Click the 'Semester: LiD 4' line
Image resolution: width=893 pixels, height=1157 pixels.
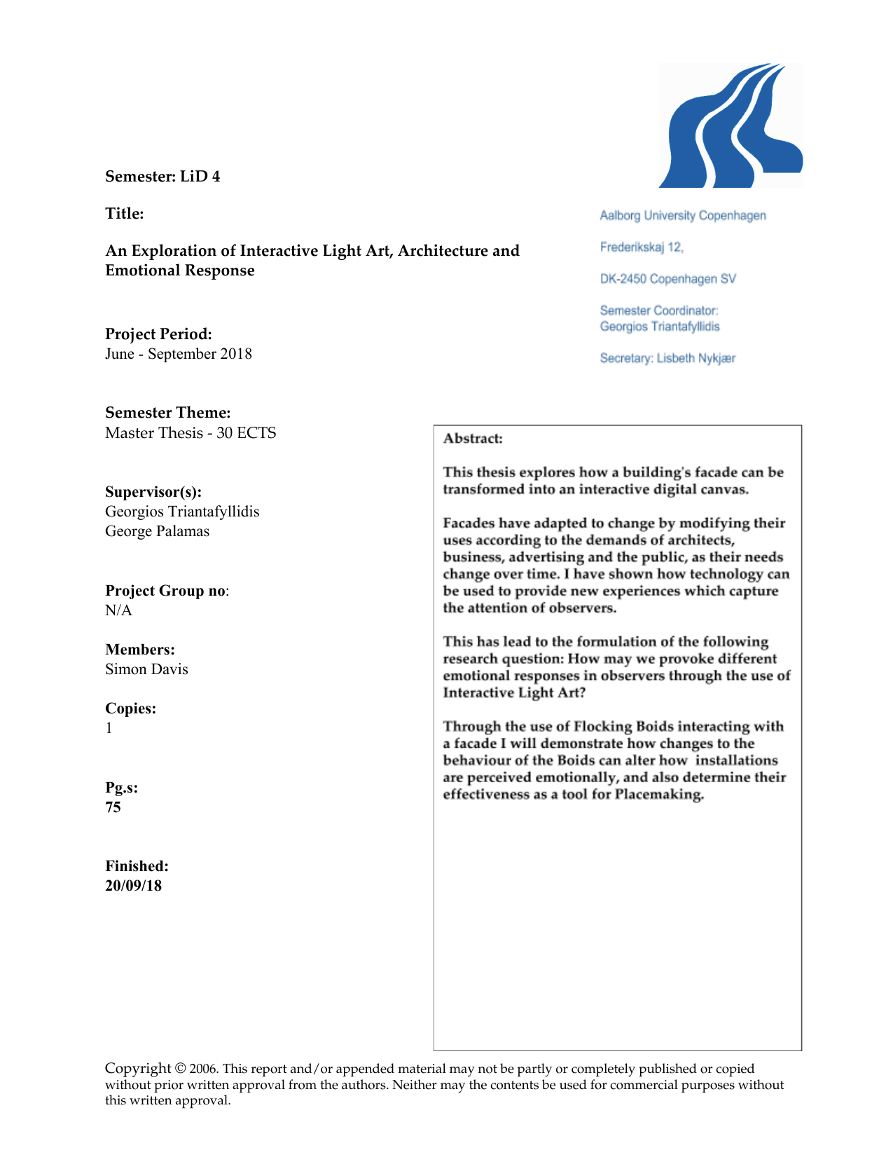coord(162,177)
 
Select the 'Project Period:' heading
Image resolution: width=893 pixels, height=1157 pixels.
coord(158,334)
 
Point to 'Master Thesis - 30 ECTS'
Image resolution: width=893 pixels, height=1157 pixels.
coord(191,433)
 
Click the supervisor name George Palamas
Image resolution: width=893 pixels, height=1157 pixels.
coord(157,531)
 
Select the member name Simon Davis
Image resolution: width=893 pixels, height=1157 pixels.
coord(146,669)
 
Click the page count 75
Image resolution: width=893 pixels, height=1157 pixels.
coord(113,807)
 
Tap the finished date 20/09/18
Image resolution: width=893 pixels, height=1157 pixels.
coord(133,886)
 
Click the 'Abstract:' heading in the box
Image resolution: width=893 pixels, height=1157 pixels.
coord(473,439)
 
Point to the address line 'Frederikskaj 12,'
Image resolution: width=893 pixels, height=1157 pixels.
coord(642,247)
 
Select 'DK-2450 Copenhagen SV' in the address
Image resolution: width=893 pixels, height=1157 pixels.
coord(667,279)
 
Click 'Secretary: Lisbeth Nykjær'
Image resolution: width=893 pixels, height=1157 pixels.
coord(667,358)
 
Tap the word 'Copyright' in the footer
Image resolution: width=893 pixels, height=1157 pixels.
coord(138,1068)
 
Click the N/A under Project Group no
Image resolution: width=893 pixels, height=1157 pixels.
coord(118,610)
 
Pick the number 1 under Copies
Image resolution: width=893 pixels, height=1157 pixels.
coord(109,728)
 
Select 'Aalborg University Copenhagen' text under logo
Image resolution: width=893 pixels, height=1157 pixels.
coord(683,216)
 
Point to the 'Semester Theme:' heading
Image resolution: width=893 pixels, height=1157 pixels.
coord(168,413)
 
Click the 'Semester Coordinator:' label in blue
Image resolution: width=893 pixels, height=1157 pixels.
coord(659,310)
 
